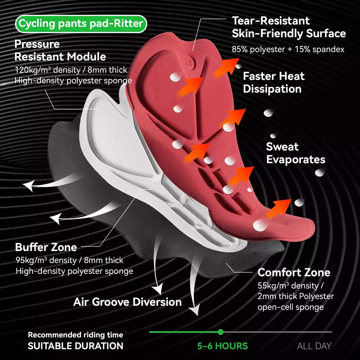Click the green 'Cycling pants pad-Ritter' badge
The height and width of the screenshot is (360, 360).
(x=81, y=24)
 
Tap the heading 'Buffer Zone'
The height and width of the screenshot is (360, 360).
(x=46, y=247)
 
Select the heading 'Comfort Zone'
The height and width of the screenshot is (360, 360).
(x=294, y=272)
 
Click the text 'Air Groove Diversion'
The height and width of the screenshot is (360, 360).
(x=127, y=302)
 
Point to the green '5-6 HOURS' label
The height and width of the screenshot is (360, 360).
(x=223, y=346)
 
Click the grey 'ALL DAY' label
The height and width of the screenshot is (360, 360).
(x=314, y=346)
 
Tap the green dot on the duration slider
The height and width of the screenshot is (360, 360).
(x=221, y=332)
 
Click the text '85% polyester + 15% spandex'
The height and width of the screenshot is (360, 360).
(x=288, y=49)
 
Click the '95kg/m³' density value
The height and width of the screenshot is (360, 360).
(x=31, y=260)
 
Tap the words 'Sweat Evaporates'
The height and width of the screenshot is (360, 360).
(x=296, y=153)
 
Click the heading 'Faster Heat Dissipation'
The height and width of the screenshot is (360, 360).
(x=274, y=82)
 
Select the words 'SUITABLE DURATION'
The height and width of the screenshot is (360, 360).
(x=76, y=346)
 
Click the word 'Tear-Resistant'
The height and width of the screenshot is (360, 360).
(x=271, y=21)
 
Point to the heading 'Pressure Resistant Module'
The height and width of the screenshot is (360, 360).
(x=60, y=50)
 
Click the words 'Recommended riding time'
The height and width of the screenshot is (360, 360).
(x=76, y=335)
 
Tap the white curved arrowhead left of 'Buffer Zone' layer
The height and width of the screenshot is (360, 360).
(x=56, y=218)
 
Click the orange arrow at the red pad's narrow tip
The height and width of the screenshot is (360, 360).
(x=279, y=208)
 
